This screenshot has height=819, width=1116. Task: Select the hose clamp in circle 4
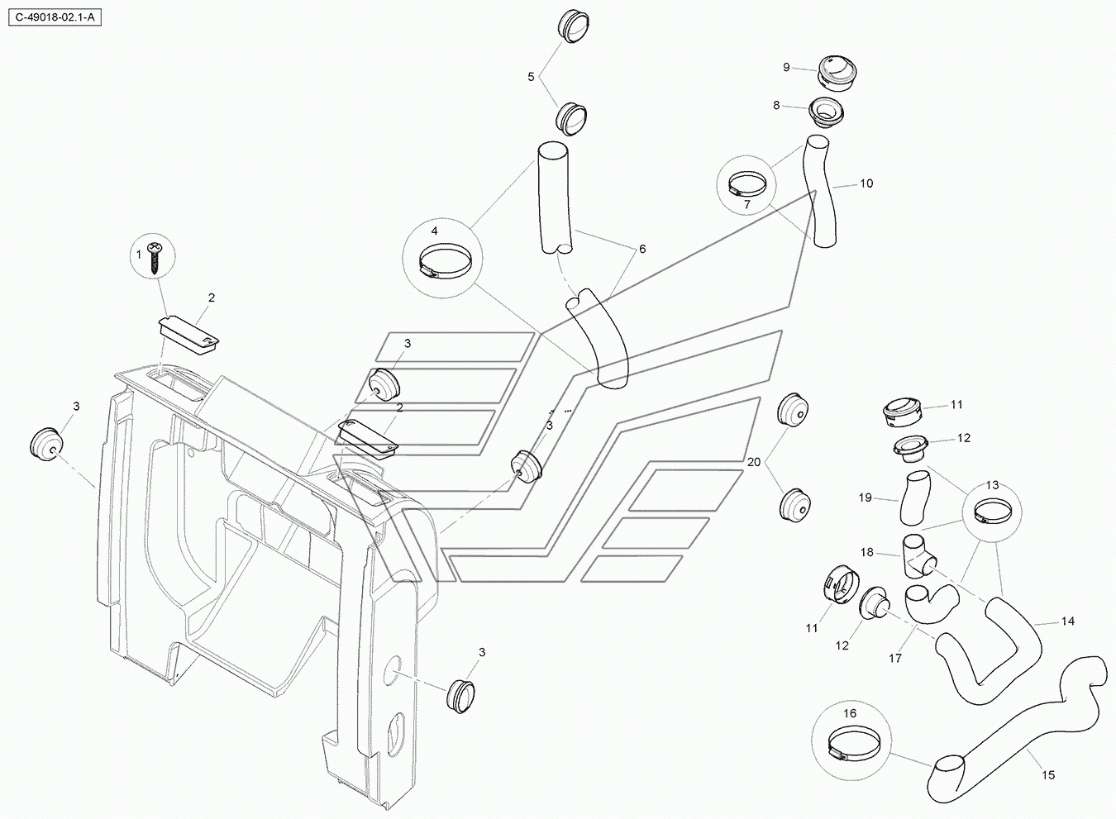445,261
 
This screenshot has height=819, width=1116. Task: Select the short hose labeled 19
915,498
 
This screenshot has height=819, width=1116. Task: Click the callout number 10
866,183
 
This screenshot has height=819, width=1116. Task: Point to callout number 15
1048,774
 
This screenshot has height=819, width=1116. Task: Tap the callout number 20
754,462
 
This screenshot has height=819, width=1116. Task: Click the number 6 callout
642,249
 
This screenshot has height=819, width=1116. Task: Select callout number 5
531,77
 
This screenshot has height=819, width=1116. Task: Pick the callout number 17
895,658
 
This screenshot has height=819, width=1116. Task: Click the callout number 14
1068,621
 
